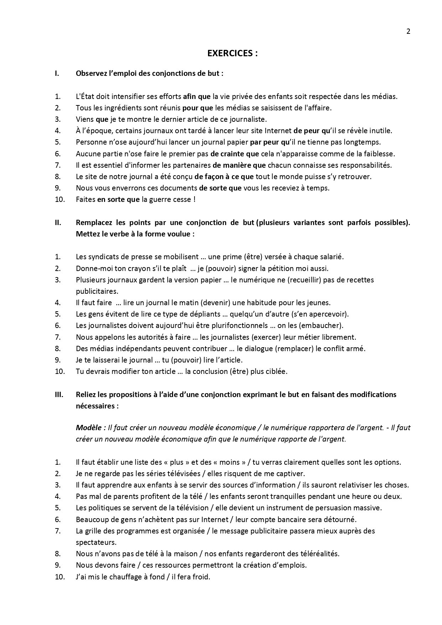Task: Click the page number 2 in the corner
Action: click(x=408, y=31)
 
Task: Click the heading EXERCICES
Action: click(x=232, y=53)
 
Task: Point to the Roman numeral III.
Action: click(x=59, y=395)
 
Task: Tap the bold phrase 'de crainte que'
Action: click(x=232, y=154)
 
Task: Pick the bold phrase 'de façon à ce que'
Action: click(x=224, y=177)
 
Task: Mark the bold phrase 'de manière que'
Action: click(x=239, y=165)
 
